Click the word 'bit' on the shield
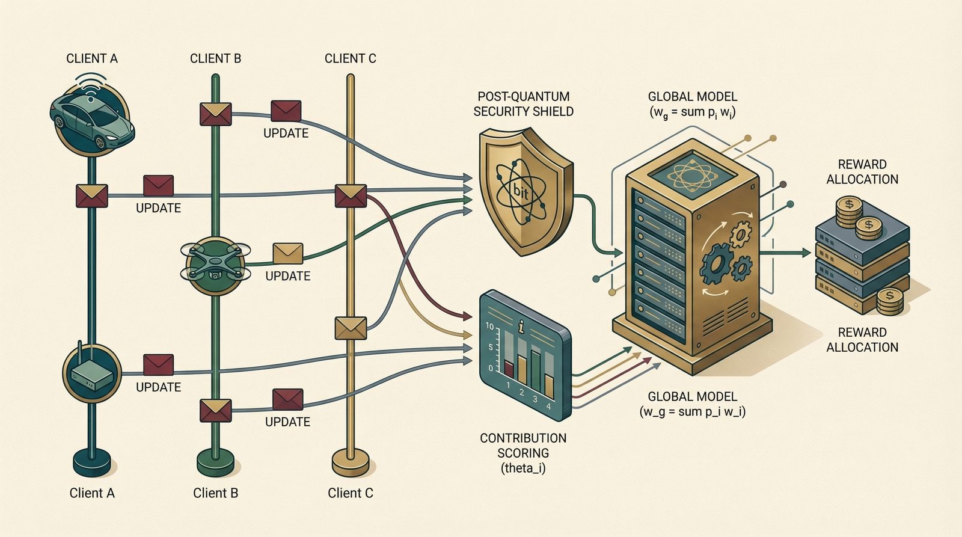(521, 191)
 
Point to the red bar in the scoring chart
(509, 368)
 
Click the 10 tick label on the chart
(489, 327)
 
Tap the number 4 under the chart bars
(548, 406)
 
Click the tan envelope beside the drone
(287, 253)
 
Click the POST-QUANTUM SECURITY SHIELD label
(523, 103)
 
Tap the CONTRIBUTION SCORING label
(523, 446)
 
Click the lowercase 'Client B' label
(215, 493)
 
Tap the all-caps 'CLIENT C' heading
(350, 58)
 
